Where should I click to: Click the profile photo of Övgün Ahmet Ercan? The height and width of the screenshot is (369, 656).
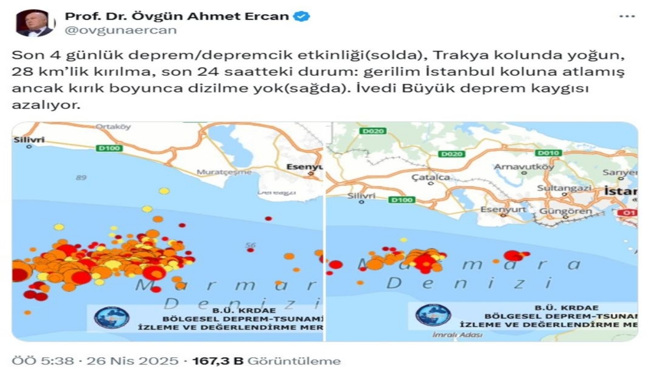point(35,23)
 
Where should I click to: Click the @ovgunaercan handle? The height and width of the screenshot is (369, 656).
point(120,30)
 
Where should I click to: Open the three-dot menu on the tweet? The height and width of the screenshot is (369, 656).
point(627,16)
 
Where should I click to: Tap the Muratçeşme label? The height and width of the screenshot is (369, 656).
point(224,172)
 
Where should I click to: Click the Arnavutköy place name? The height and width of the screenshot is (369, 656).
point(523,167)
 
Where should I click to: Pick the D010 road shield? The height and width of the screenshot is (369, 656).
point(548,153)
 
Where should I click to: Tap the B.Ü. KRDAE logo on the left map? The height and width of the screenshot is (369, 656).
point(112,317)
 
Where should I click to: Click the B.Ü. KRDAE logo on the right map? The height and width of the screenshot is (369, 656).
point(433,315)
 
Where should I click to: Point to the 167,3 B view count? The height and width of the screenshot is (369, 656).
point(217,361)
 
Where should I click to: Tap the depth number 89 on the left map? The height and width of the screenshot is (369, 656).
point(81,177)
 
